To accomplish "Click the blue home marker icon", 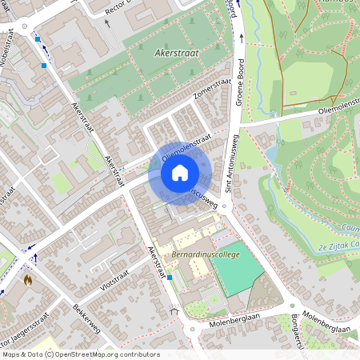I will pyautogui.click(x=180, y=172).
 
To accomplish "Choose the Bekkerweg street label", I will pyautogui.click(x=83, y=319).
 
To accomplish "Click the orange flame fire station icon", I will pyautogui.click(x=29, y=282).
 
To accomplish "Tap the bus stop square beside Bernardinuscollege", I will pyautogui.click(x=170, y=277).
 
